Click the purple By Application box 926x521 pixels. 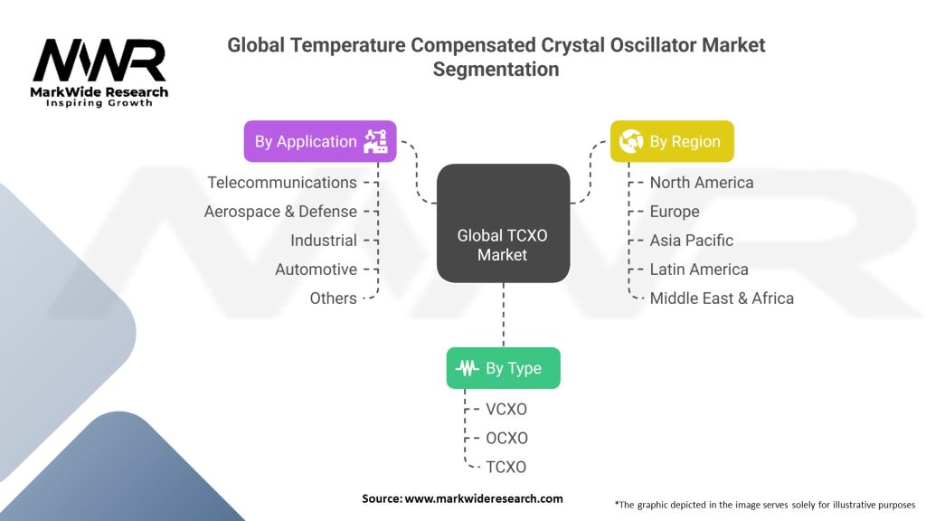point(320,142)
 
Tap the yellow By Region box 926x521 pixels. point(672,142)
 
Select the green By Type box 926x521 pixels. point(503,368)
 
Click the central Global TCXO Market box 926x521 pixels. point(503,223)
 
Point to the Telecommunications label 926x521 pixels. point(282,183)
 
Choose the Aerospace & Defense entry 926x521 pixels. point(280,212)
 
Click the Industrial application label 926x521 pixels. point(324,241)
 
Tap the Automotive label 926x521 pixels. point(316,270)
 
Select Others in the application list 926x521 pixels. point(333,298)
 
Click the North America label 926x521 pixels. point(702,183)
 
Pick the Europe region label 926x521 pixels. point(675,212)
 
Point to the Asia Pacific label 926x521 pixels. point(692,241)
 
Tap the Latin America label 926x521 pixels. point(699,270)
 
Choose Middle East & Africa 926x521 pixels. point(722,298)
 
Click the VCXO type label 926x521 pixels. point(506,410)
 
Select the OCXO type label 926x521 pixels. point(506,439)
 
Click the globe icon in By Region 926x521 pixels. point(630,142)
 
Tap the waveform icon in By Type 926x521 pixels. point(468,368)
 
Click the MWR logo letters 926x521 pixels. point(99,61)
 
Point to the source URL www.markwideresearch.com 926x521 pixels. point(484,498)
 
